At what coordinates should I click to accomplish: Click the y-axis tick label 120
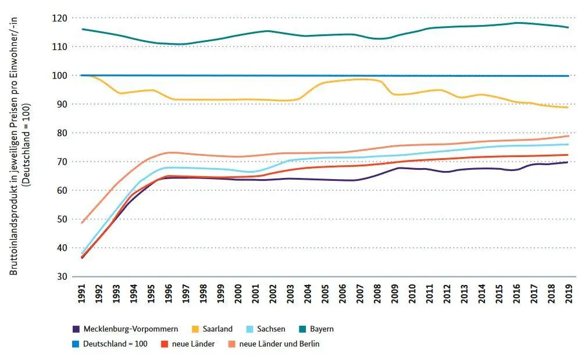tap(60, 18)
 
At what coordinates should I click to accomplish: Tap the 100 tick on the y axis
tap(60, 76)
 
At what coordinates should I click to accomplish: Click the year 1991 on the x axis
tap(82, 294)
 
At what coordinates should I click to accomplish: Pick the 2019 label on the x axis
tap(569, 294)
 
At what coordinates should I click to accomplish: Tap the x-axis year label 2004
tap(308, 294)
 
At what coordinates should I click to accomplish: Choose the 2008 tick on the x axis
tap(377, 294)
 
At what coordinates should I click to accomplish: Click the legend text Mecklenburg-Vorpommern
tap(131, 329)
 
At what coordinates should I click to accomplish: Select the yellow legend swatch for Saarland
tap(195, 329)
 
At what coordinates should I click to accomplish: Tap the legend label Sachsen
tap(271, 329)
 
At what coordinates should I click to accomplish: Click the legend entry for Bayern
tap(322, 329)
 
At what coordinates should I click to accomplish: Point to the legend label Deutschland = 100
tap(115, 344)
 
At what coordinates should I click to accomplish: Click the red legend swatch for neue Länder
tap(165, 344)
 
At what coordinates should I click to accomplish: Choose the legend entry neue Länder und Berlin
tap(279, 344)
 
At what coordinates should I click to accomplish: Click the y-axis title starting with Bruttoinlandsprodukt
tap(14, 146)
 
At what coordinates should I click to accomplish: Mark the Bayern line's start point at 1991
tap(82, 29)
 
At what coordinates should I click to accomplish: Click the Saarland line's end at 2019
tap(568, 108)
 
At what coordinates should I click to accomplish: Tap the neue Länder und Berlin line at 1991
tap(82, 223)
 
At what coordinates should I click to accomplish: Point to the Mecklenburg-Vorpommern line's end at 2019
tap(568, 162)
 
